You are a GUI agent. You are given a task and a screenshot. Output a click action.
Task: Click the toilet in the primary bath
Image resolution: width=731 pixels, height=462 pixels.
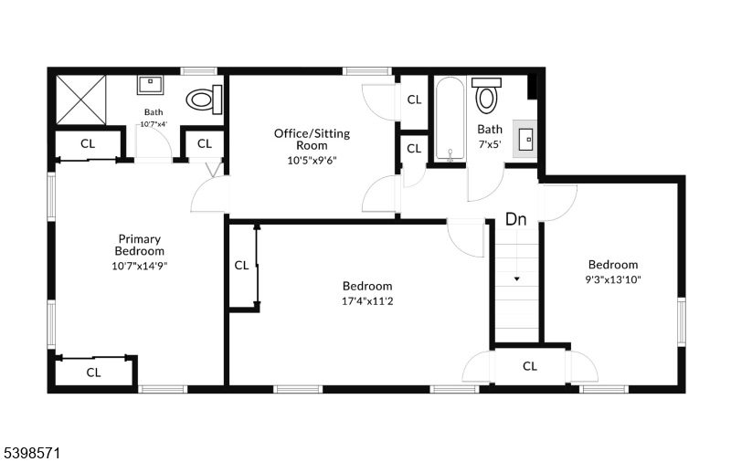click(204, 100)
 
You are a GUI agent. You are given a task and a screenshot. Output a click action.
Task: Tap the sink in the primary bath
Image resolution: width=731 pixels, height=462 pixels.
click(151, 85)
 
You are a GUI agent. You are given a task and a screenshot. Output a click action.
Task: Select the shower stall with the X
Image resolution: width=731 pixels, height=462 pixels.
click(81, 100)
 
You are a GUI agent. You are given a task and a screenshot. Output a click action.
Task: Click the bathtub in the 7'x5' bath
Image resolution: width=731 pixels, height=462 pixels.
click(450, 120)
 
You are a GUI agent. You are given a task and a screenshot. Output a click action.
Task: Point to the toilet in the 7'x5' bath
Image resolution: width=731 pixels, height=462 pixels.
click(486, 95)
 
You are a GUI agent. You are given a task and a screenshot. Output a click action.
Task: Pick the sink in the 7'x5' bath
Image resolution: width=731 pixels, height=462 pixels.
click(524, 139)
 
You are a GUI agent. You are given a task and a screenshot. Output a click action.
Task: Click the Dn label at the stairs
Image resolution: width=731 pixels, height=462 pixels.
click(516, 219)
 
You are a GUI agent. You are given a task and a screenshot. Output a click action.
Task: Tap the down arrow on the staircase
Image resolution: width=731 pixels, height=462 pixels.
click(516, 279)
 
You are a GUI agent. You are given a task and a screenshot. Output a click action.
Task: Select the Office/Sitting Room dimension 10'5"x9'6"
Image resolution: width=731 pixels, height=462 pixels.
click(312, 161)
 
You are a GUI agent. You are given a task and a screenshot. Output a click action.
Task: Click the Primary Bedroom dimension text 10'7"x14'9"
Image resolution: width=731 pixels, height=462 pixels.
click(140, 266)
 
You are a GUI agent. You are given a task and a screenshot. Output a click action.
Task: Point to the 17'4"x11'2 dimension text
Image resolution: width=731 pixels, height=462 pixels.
click(367, 301)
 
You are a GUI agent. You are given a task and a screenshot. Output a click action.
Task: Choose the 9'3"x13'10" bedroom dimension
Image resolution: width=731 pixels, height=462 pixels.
click(613, 279)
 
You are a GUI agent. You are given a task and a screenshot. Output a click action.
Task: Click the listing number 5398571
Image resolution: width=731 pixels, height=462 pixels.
click(33, 453)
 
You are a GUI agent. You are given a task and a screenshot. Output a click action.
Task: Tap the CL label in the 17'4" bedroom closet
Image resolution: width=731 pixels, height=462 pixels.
click(241, 266)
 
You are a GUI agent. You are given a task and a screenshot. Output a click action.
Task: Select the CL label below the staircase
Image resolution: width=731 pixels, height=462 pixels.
click(530, 366)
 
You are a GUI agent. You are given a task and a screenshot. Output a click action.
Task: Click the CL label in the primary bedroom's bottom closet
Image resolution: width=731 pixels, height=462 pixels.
click(94, 373)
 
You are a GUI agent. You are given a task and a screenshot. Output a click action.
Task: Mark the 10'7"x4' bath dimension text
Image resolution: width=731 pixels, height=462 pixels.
click(154, 124)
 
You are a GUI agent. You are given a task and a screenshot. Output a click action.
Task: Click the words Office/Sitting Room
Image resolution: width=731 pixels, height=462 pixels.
click(312, 140)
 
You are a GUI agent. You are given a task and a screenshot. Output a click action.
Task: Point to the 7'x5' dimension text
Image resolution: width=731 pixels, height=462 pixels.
click(490, 144)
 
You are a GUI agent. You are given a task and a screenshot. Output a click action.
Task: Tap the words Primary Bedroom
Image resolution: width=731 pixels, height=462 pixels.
click(140, 245)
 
